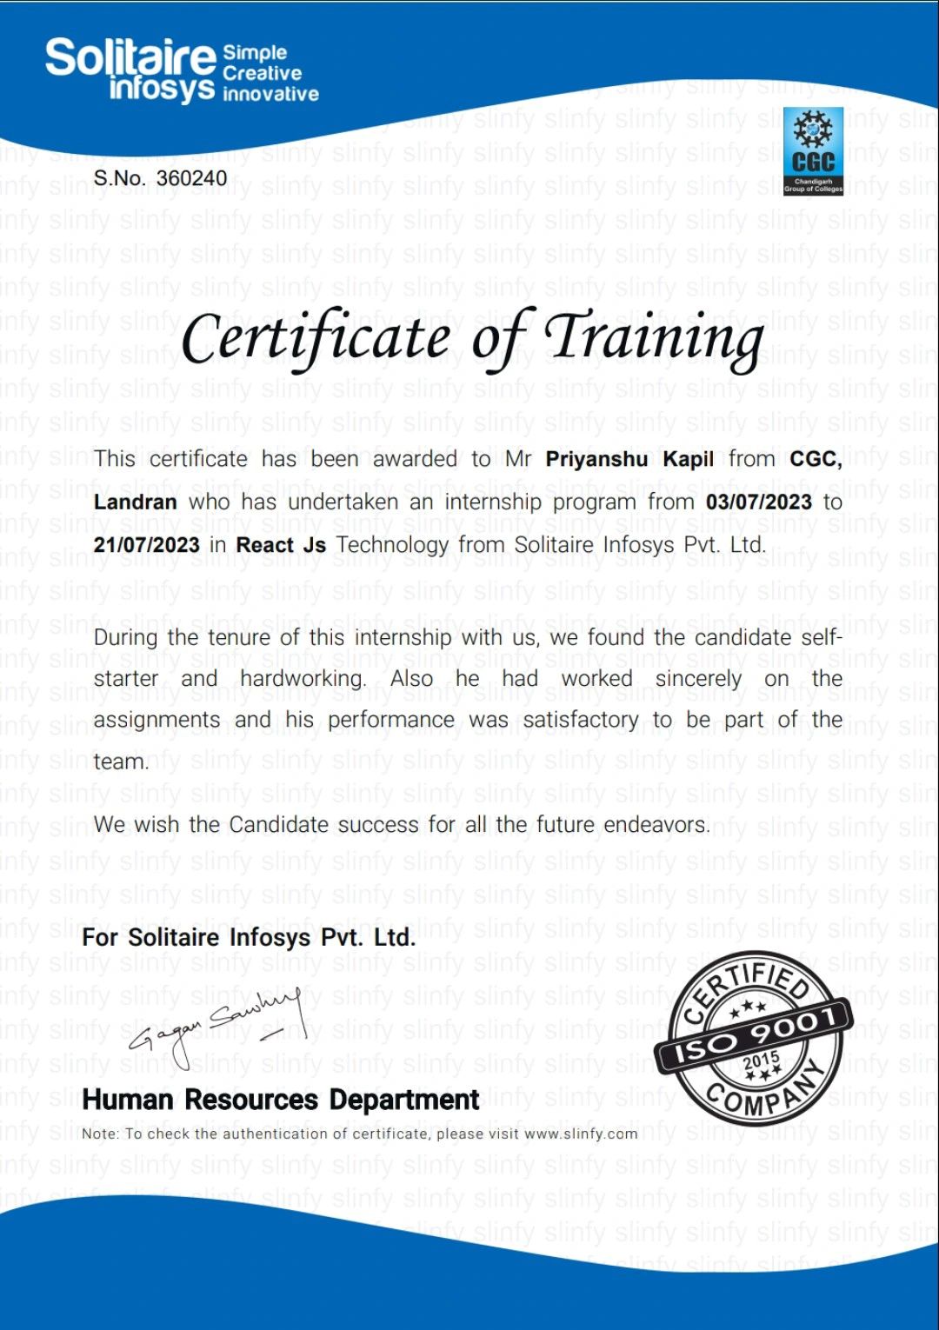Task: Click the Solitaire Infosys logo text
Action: (130, 70)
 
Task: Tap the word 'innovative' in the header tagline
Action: (270, 94)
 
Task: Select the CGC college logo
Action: (813, 150)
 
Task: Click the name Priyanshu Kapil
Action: (629, 459)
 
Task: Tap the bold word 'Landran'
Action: (135, 502)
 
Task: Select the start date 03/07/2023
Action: (758, 502)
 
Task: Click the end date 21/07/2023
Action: (146, 545)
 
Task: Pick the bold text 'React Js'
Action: (281, 545)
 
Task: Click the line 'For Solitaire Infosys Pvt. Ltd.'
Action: (249, 937)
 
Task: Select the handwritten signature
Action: (217, 1026)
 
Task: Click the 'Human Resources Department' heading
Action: (280, 1100)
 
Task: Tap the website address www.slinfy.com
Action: (581, 1134)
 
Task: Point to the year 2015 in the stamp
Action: (761, 1061)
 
